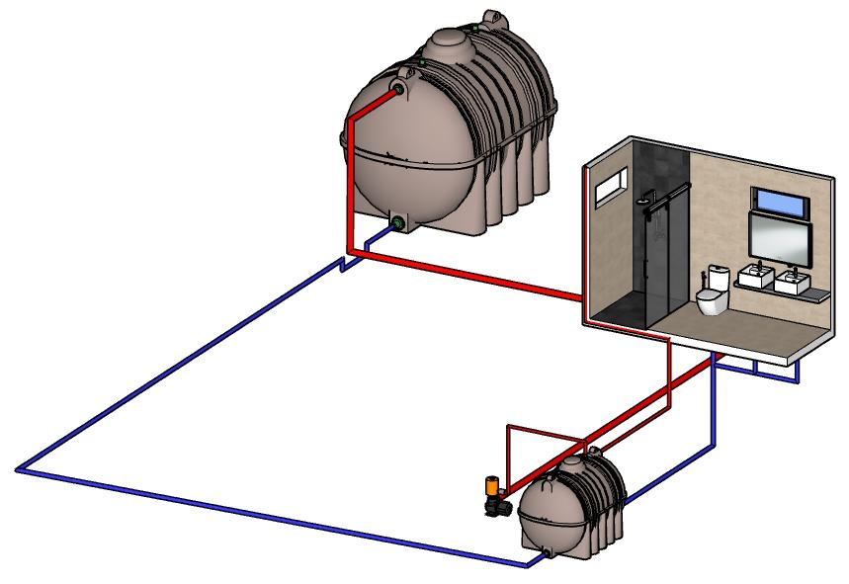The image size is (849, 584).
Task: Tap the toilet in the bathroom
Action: tap(711, 299)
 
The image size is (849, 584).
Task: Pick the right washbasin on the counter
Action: tap(792, 283)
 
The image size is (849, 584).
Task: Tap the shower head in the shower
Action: tap(644, 201)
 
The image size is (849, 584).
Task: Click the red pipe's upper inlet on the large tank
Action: tap(399, 90)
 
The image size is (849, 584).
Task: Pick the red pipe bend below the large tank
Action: tap(353, 253)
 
